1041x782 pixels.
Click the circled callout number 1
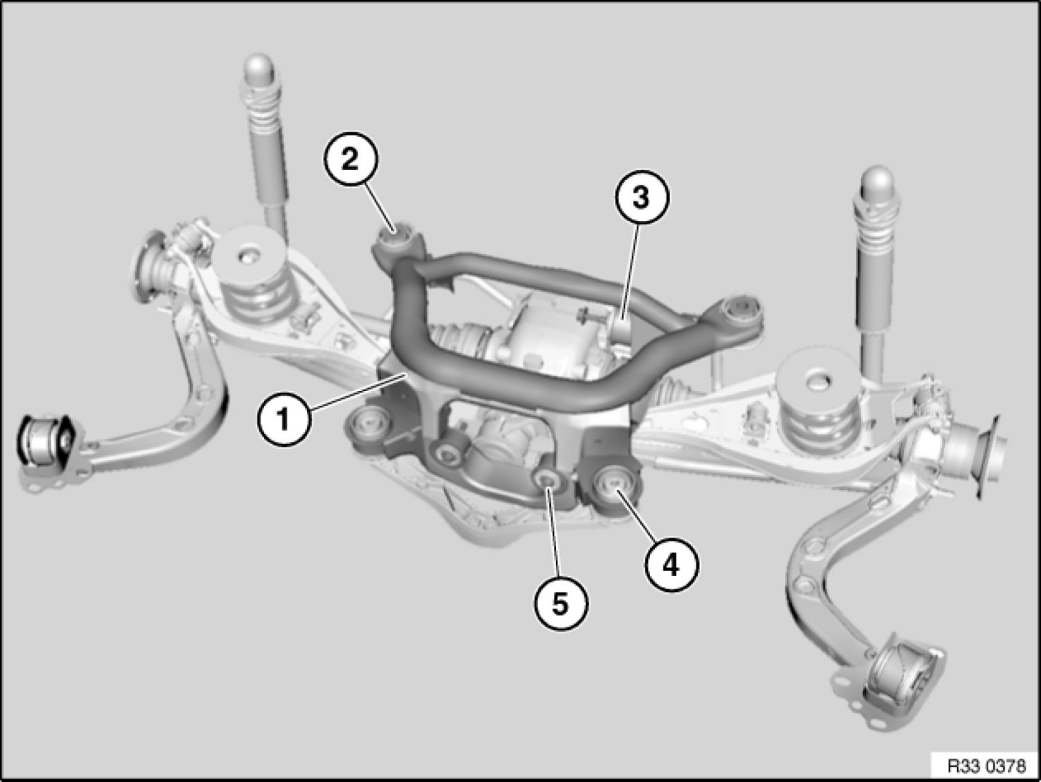283,419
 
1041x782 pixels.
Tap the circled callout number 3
642,197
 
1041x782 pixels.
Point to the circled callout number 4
671,564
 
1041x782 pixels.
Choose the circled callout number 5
561,605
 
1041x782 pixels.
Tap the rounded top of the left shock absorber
259,71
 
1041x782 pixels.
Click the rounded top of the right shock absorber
878,184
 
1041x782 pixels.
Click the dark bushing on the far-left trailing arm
44,439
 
